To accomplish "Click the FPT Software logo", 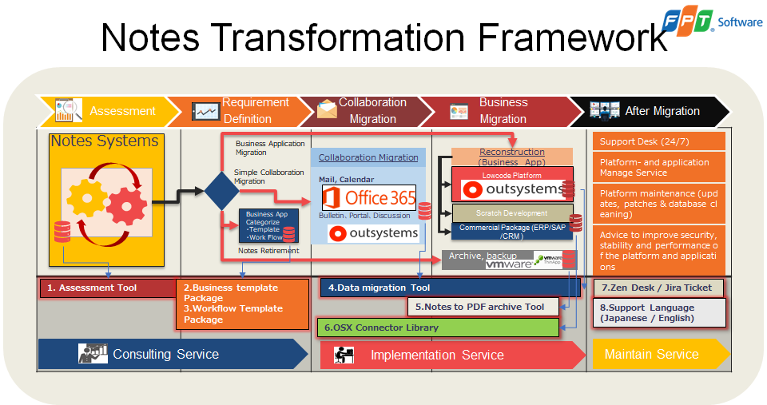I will [711, 22].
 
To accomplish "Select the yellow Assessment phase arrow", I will [108, 111].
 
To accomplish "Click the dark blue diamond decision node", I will [221, 190].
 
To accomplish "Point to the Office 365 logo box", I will [368, 197].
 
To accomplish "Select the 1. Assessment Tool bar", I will [108, 288].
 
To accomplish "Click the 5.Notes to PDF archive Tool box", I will [483, 307].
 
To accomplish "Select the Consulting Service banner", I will [168, 354].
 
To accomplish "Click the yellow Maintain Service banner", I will [655, 354].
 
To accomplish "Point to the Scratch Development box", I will [511, 213].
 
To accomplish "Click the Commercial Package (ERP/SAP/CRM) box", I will [511, 231].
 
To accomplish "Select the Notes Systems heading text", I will [105, 141].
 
